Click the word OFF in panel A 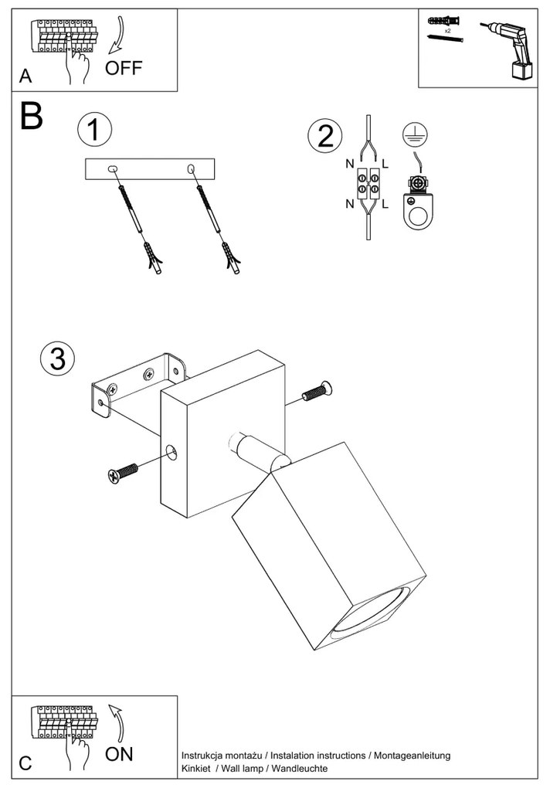click(x=124, y=68)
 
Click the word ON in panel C click(x=119, y=754)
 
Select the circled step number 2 click(x=324, y=137)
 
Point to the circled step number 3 click(x=57, y=358)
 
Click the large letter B click(x=31, y=115)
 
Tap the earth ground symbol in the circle click(x=414, y=134)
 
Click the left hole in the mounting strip click(x=113, y=168)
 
